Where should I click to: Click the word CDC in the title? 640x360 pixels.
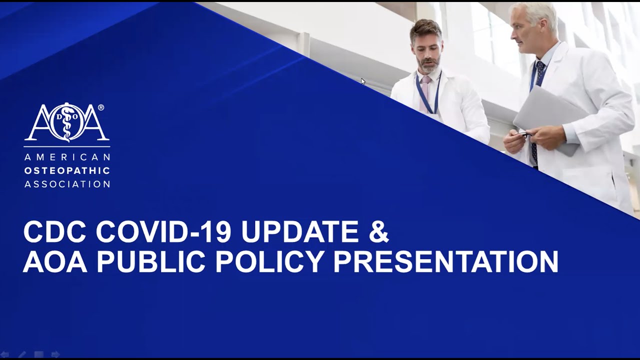(54, 232)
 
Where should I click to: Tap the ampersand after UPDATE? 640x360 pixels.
(378, 232)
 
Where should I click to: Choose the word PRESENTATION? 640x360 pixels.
(445, 261)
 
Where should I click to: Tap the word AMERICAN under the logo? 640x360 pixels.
(67, 157)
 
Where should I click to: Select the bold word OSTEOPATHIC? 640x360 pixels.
(67, 170)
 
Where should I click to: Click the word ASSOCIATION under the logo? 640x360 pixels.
(67, 184)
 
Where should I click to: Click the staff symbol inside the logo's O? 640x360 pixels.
(67, 123)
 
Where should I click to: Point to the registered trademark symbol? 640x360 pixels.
(101, 107)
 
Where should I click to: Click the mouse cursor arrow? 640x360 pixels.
(363, 81)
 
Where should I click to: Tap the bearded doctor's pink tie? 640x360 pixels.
(425, 90)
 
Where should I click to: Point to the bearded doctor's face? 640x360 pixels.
(427, 50)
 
